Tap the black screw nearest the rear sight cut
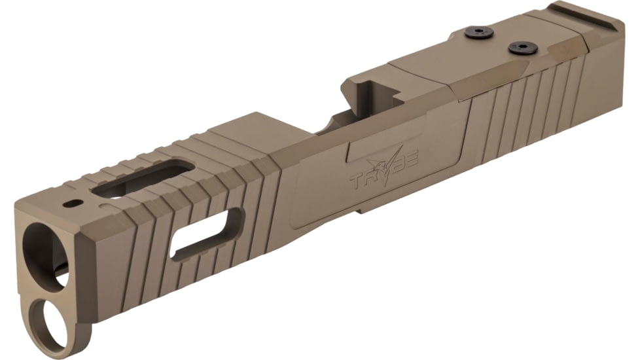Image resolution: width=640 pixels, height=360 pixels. click(x=522, y=48)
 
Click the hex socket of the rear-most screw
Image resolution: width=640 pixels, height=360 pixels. click(x=522, y=48)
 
